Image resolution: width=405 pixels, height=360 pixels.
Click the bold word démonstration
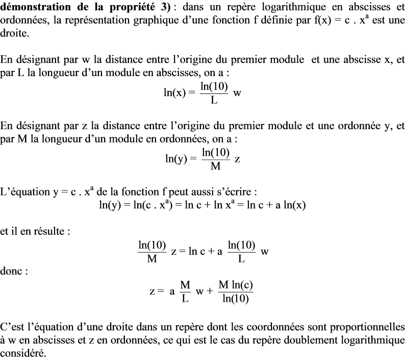(x=35, y=8)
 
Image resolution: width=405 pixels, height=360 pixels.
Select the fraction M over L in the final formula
(x=185, y=291)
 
